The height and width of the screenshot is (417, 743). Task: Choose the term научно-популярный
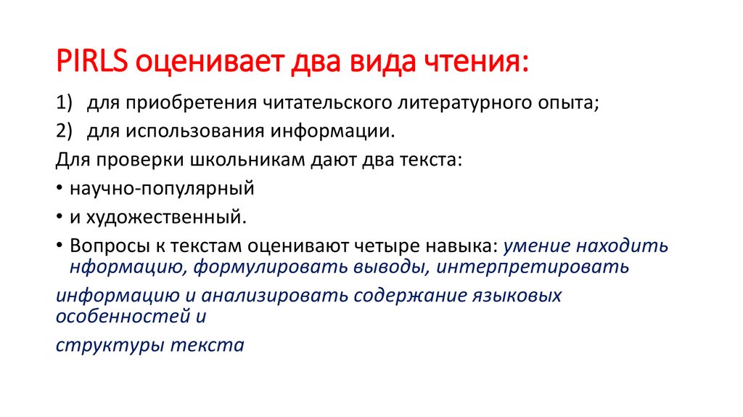[x=162, y=188]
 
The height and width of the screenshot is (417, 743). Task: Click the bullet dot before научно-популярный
[x=59, y=189]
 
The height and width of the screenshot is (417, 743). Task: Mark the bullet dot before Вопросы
[x=59, y=246]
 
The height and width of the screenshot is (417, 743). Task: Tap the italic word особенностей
[x=120, y=316]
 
